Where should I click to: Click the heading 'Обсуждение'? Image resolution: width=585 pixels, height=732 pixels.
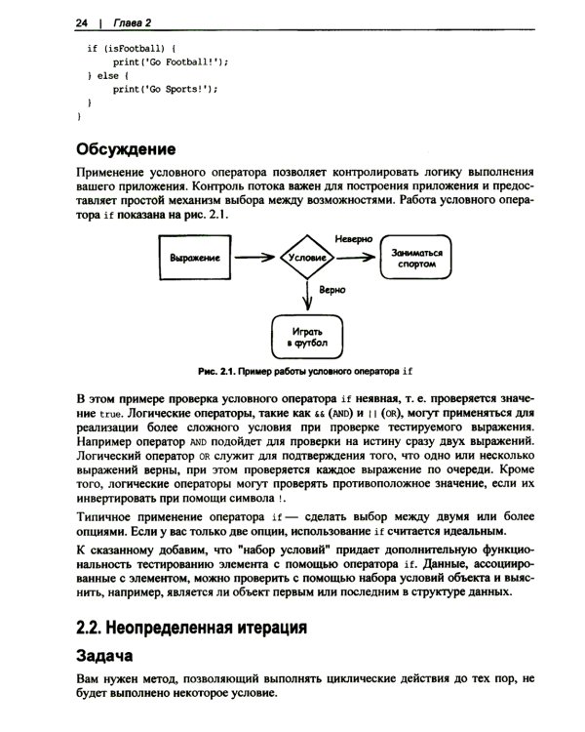125,149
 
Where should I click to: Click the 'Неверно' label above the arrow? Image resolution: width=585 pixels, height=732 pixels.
354,238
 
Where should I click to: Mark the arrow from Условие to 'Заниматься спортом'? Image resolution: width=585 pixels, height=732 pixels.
356,258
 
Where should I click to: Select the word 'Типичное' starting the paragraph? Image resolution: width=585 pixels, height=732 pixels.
106,515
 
